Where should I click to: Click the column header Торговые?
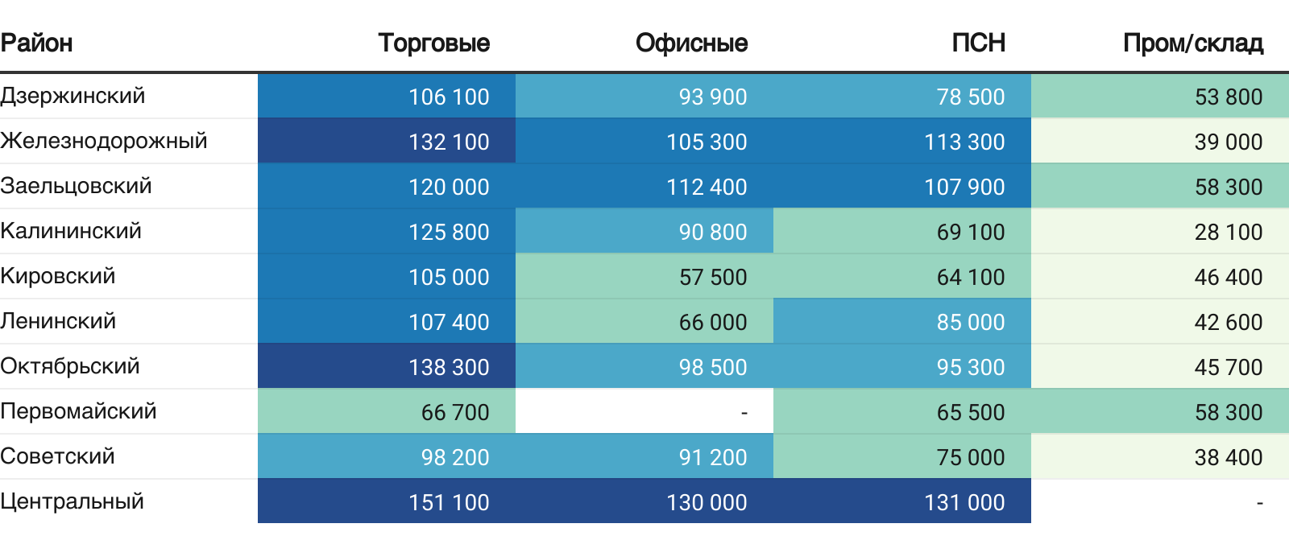click(x=433, y=43)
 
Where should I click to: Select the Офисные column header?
click(x=691, y=43)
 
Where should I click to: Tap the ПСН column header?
click(x=978, y=43)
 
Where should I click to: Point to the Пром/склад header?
click(x=1192, y=43)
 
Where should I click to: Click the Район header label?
click(x=37, y=43)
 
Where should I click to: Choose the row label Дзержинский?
click(x=73, y=96)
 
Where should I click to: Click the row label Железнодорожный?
click(x=104, y=141)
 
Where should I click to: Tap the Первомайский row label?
click(x=78, y=411)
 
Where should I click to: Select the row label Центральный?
click(x=72, y=501)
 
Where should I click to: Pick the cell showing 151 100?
click(x=449, y=502)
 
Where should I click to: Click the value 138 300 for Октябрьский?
click(x=449, y=367)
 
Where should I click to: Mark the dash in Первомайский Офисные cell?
click(x=744, y=413)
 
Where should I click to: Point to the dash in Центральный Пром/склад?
click(x=1259, y=503)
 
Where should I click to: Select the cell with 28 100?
click(x=1228, y=232)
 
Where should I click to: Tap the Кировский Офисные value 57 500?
click(x=713, y=277)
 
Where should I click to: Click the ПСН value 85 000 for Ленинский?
click(x=970, y=322)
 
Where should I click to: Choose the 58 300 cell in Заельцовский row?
click(x=1228, y=187)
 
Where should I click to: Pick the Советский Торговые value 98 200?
click(x=455, y=457)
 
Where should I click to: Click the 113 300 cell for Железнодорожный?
click(x=964, y=142)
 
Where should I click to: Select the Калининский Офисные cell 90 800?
click(x=713, y=232)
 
